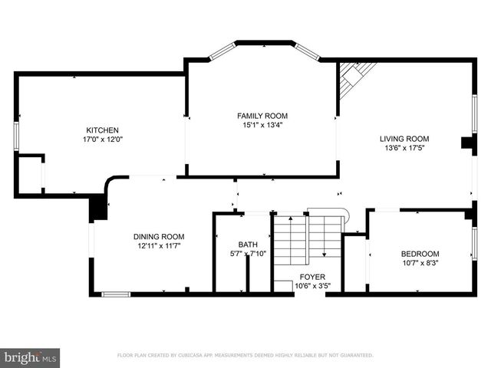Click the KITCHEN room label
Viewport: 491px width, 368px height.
tap(102, 130)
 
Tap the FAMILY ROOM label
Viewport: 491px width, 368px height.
tap(262, 116)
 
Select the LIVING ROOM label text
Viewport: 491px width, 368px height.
tap(404, 139)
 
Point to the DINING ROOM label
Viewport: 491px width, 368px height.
tap(159, 237)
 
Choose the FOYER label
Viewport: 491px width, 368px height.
tap(311, 278)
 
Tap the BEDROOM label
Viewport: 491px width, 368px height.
tap(420, 255)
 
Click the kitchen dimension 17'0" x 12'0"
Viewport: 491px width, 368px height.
tap(102, 140)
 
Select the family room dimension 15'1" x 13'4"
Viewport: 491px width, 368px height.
tap(262, 126)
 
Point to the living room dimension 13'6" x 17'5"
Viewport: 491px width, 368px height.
tap(404, 149)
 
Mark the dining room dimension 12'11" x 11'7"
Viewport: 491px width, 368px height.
tap(159, 247)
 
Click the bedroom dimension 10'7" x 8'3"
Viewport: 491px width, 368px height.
tap(420, 264)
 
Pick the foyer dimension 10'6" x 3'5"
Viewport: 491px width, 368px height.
tap(311, 287)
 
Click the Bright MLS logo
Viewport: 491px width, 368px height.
tap(31, 357)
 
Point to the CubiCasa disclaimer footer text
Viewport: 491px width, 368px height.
tap(245, 356)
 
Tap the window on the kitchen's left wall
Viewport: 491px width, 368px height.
tap(16, 133)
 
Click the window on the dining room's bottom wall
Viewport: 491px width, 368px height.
tap(116, 294)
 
